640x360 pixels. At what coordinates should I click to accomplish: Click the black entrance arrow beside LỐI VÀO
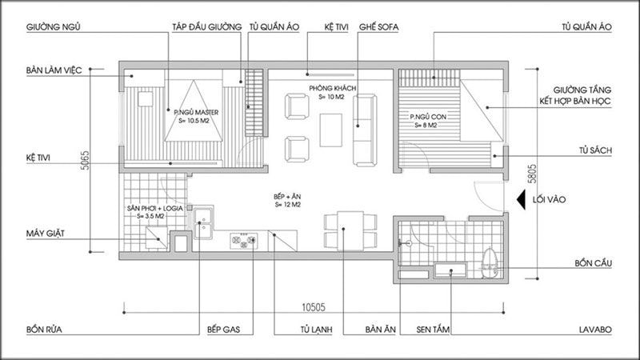tap(521, 199)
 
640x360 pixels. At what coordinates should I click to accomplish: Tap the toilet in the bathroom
tap(489, 262)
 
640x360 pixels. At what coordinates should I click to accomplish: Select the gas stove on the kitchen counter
tap(243, 241)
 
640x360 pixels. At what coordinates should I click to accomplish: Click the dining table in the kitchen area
tap(350, 230)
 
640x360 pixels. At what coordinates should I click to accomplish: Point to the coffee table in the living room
tap(331, 130)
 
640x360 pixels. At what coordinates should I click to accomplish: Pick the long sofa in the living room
tap(365, 130)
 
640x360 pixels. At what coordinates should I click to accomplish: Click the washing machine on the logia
tap(157, 238)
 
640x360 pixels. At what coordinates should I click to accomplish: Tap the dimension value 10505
tap(314, 307)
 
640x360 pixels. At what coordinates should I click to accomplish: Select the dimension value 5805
tap(532, 174)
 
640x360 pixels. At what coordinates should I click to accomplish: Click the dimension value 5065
tap(84, 161)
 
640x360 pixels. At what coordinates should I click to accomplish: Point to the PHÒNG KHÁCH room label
tap(332, 88)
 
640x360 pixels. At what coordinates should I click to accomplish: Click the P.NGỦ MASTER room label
tap(196, 112)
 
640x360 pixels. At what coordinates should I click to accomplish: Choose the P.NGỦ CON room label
tap(428, 117)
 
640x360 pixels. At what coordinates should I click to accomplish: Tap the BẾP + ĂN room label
tap(287, 196)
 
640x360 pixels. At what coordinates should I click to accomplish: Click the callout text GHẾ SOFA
tap(378, 27)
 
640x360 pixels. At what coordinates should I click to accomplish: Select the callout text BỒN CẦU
tap(593, 263)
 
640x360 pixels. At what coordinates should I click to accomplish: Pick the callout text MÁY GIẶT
tap(46, 234)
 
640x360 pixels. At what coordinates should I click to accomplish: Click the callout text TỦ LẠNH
tap(316, 330)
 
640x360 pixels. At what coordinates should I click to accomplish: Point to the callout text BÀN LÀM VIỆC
tap(54, 70)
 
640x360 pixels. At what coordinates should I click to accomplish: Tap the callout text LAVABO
tap(595, 330)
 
